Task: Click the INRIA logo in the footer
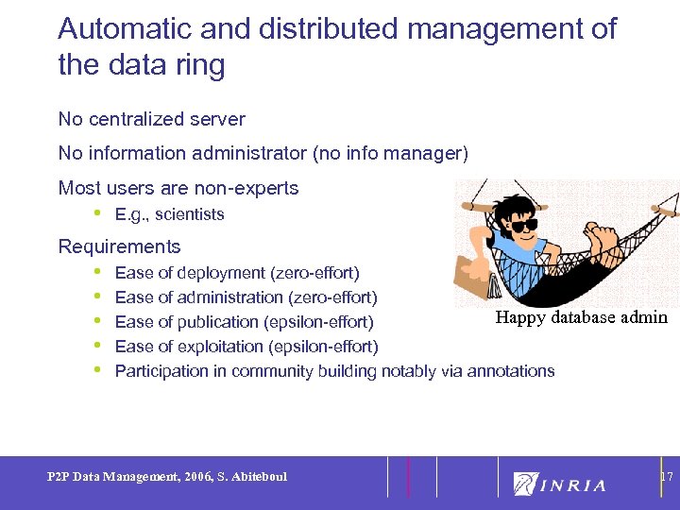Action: [559, 484]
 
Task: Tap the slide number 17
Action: [666, 477]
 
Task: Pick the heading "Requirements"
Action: [119, 246]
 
